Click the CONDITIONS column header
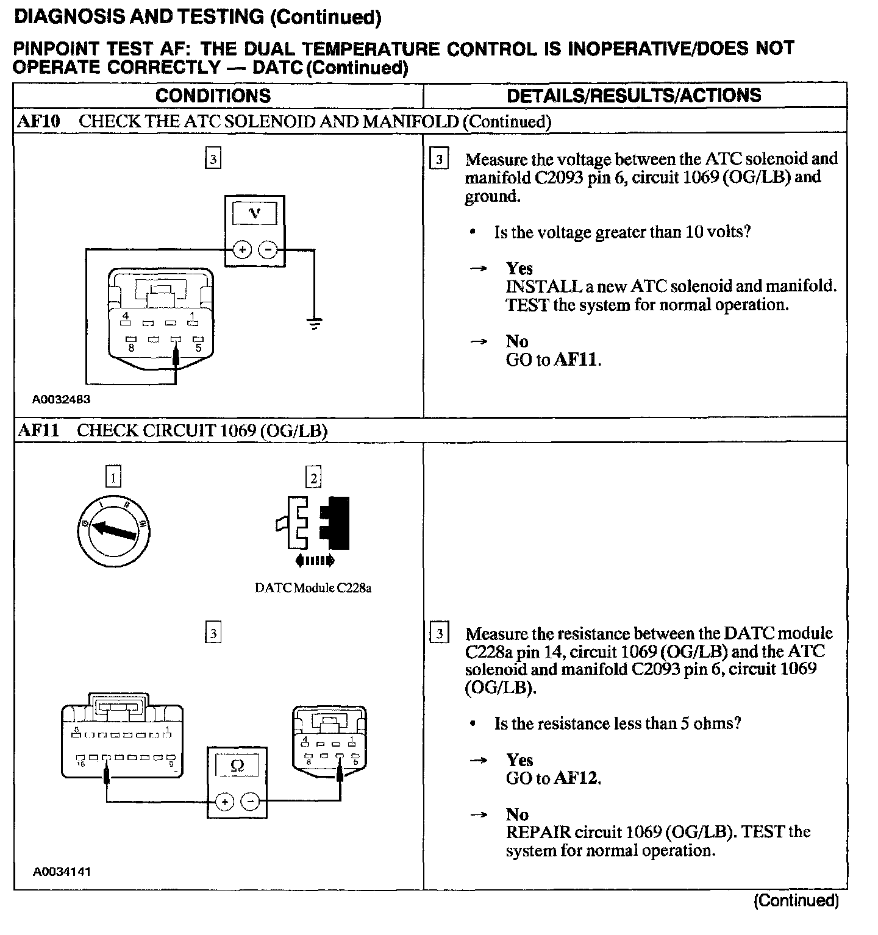pyautogui.click(x=213, y=96)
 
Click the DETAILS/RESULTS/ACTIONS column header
pyautogui.click(x=634, y=96)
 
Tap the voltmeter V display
pyautogui.click(x=255, y=213)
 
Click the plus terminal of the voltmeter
pyautogui.click(x=243, y=249)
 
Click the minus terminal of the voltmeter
pyautogui.click(x=268, y=249)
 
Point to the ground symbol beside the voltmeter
pyautogui.click(x=314, y=324)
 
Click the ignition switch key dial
pyautogui.click(x=114, y=530)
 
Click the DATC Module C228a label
pyautogui.click(x=313, y=588)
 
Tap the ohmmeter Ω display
pyautogui.click(x=237, y=766)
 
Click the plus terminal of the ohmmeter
pyautogui.click(x=224, y=802)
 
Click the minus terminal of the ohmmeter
pyautogui.click(x=250, y=802)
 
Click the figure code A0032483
pyautogui.click(x=62, y=400)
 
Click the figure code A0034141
pyautogui.click(x=62, y=872)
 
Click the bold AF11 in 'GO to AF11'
pyautogui.click(x=576, y=360)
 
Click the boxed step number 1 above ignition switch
pyautogui.click(x=113, y=477)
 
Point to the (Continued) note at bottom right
pyautogui.click(x=796, y=900)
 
